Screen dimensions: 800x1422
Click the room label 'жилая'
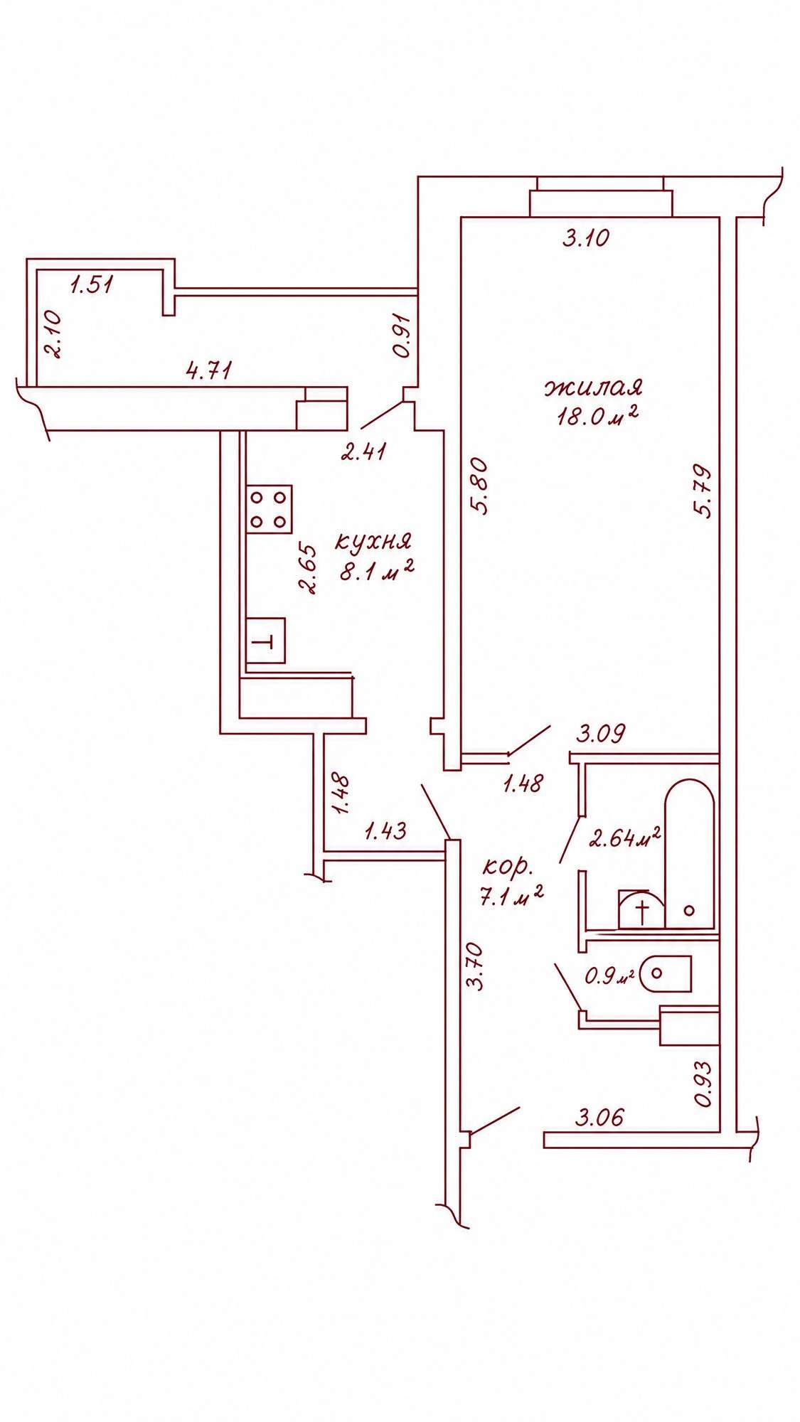point(594,388)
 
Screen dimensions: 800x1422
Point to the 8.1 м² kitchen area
point(377,570)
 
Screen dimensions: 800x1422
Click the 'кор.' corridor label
point(508,867)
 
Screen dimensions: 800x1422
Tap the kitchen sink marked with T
point(265,641)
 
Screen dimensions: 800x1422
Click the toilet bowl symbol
point(666,974)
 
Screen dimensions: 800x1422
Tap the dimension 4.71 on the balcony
point(209,370)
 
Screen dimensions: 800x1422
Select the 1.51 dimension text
point(92,286)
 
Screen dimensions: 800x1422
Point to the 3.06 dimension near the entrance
point(599,1118)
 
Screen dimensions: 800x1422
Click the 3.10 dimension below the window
point(586,237)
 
